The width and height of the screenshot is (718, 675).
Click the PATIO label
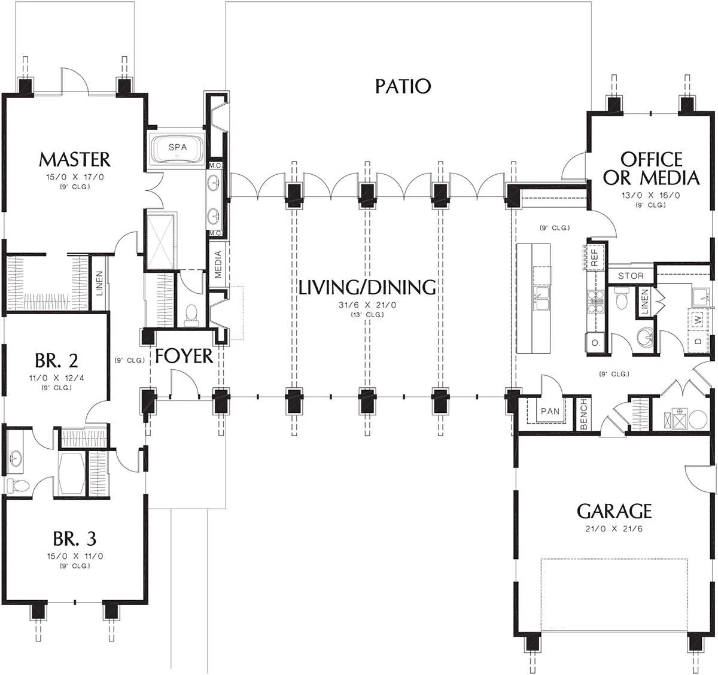pyautogui.click(x=403, y=86)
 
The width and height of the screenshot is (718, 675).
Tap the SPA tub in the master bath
pyautogui.click(x=177, y=148)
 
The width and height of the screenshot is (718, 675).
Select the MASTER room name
pyautogui.click(x=74, y=160)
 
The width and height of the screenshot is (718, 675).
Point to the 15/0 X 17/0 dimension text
pyautogui.click(x=75, y=177)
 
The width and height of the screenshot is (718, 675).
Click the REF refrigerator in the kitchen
pyautogui.click(x=594, y=257)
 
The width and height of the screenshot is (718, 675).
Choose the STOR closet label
pyautogui.click(x=631, y=276)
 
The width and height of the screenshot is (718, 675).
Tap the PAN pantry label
pyautogui.click(x=550, y=411)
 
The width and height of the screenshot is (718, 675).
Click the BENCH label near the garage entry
pyautogui.click(x=583, y=414)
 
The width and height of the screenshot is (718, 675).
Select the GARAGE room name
pyautogui.click(x=614, y=512)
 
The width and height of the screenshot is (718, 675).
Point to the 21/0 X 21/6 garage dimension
pyautogui.click(x=614, y=529)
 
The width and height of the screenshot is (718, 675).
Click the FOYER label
pyautogui.click(x=184, y=356)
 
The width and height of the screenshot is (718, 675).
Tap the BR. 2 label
pyautogui.click(x=56, y=360)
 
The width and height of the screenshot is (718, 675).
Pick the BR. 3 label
pyautogui.click(x=74, y=539)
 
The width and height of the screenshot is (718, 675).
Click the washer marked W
pyautogui.click(x=698, y=320)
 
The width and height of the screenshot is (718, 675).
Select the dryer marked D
pyautogui.click(x=698, y=340)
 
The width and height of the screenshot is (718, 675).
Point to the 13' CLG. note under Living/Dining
pyautogui.click(x=367, y=315)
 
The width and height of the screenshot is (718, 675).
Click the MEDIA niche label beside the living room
pyautogui.click(x=218, y=264)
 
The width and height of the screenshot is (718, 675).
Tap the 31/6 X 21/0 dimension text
pyautogui.click(x=367, y=305)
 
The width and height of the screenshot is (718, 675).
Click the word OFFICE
pyautogui.click(x=651, y=160)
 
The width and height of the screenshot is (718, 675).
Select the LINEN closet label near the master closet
pyautogui.click(x=99, y=283)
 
